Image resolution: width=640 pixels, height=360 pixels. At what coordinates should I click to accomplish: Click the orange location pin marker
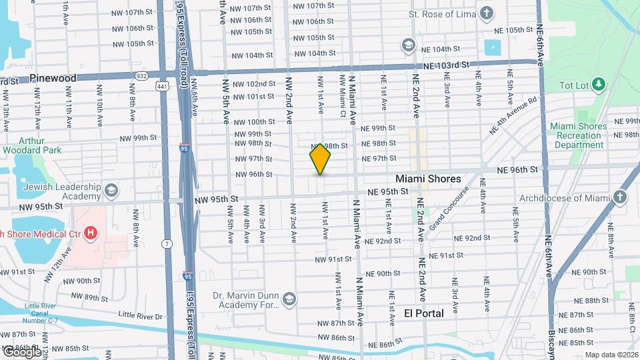pos(320,159)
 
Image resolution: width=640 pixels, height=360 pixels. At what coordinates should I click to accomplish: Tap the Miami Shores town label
pos(428,179)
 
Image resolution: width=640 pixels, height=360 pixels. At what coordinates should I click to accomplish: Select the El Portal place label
pos(424,313)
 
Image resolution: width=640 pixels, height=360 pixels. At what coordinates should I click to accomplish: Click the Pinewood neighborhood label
pos(53,78)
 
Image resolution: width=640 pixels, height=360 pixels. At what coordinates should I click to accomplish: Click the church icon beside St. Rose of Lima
pos(487,13)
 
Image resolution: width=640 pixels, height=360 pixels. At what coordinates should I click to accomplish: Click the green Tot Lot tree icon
pos(599,84)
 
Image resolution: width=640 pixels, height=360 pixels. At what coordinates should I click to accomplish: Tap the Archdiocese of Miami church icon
pos(621,198)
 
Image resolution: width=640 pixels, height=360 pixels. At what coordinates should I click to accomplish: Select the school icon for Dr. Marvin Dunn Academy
pos(289,298)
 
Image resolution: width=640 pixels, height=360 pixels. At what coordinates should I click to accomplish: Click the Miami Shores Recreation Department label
pos(579,135)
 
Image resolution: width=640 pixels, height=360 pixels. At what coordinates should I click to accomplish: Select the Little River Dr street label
pos(140,317)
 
